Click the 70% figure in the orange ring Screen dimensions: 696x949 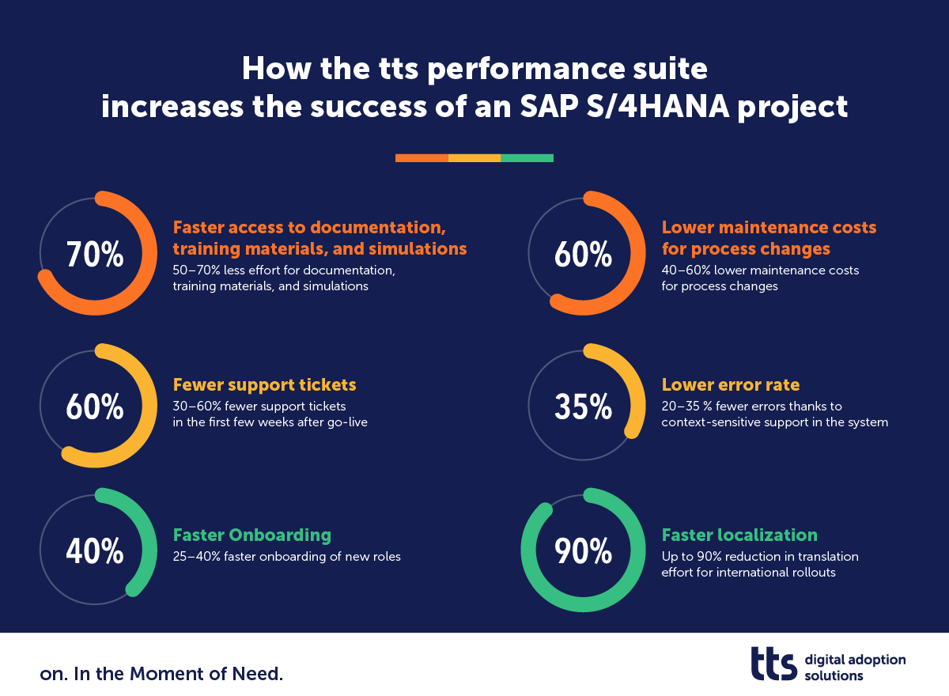(95, 255)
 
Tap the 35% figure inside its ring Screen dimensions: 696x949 (584, 407)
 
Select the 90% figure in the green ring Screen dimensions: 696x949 (584, 550)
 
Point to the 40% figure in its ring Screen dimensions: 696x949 (95, 550)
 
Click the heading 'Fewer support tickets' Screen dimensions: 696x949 (265, 384)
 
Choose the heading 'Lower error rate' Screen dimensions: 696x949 (731, 384)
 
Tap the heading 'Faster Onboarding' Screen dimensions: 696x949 (252, 535)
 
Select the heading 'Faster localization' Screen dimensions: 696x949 (739, 535)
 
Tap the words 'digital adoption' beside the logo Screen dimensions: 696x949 (855, 660)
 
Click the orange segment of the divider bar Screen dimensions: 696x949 (422, 158)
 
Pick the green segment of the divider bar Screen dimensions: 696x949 (527, 158)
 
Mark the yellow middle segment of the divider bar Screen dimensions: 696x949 (475, 158)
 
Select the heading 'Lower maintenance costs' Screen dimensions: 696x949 (769, 228)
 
